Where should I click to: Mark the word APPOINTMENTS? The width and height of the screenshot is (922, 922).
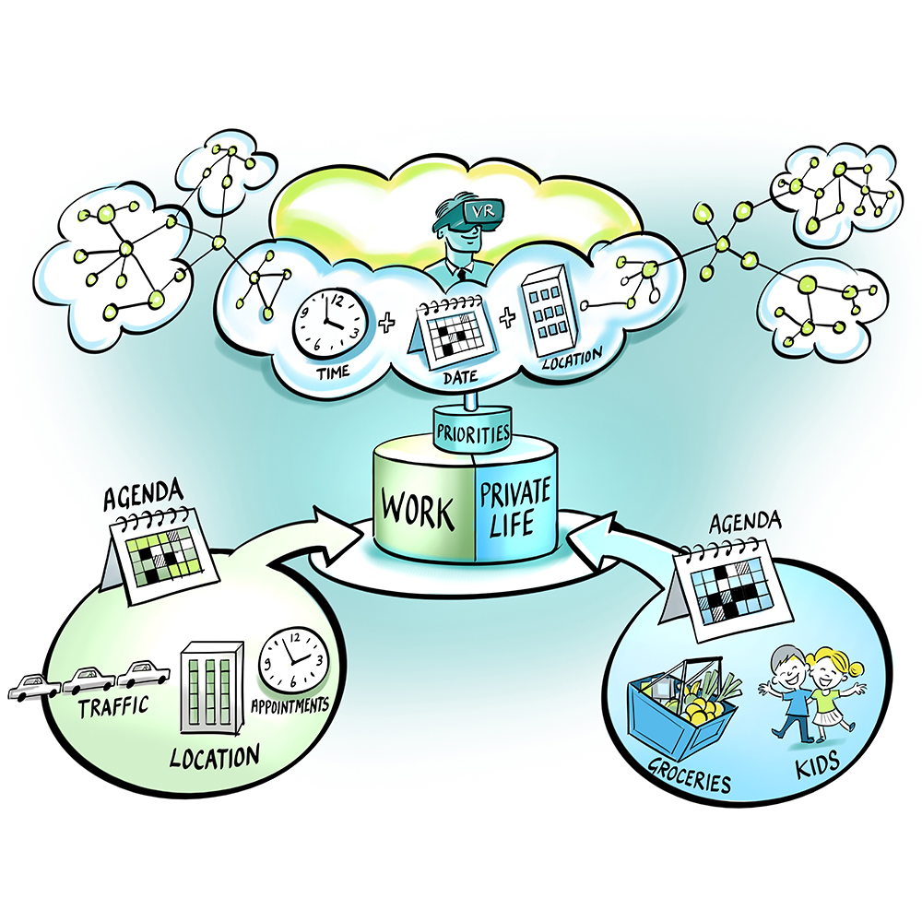290,708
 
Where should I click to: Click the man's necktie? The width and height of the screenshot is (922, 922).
467,273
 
